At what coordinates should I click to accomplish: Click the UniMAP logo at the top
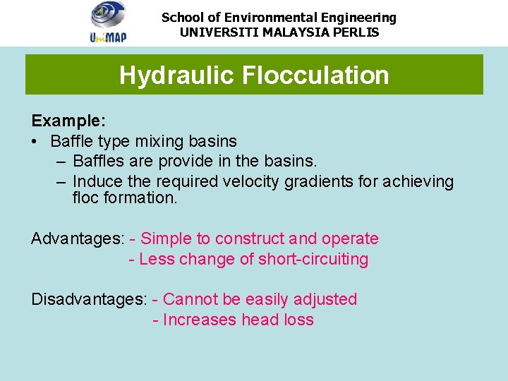pyautogui.click(x=108, y=22)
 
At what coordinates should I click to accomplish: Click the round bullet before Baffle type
pyautogui.click(x=35, y=142)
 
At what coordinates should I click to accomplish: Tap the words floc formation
pyautogui.click(x=124, y=198)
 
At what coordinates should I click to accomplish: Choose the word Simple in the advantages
pyautogui.click(x=167, y=239)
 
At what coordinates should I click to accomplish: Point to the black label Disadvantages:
pyautogui.click(x=89, y=300)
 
